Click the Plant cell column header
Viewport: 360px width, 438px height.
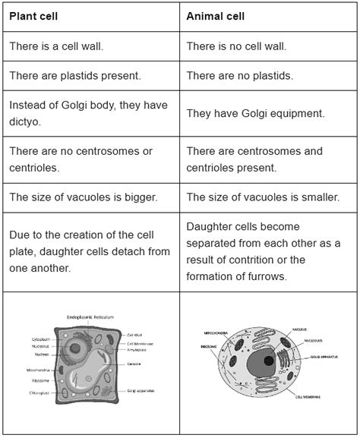pyautogui.click(x=33, y=15)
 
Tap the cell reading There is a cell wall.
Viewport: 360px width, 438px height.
pyautogui.click(x=56, y=46)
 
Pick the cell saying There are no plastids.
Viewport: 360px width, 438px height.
pyautogui.click(x=239, y=76)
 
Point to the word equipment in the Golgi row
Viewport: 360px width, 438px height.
pyautogui.click(x=292, y=112)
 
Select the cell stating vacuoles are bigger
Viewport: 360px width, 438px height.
pyautogui.click(x=84, y=197)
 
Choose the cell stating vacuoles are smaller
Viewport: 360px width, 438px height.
pyautogui.click(x=262, y=197)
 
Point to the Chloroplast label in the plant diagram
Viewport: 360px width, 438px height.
pyautogui.click(x=41, y=393)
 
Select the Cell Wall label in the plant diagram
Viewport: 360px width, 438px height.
pyautogui.click(x=134, y=334)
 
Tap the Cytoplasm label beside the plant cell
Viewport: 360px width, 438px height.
pyautogui.click(x=41, y=339)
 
